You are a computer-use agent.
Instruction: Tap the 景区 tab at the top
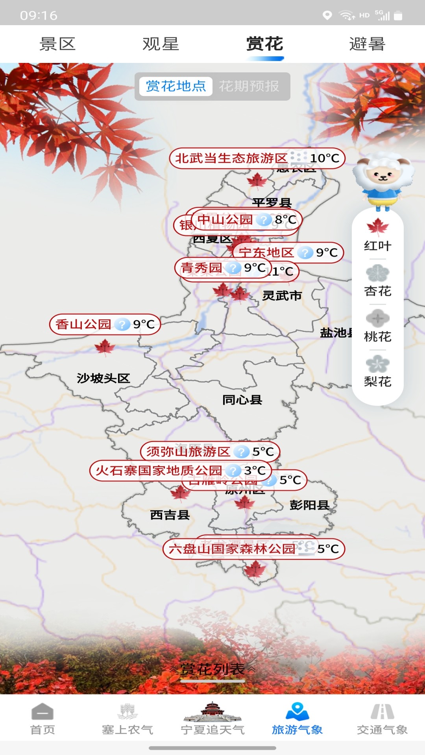(57, 44)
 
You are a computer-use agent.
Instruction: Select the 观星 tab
(161, 44)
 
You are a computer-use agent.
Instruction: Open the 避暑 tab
(367, 44)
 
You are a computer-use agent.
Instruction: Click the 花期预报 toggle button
(249, 86)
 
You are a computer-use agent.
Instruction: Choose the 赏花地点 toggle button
(176, 86)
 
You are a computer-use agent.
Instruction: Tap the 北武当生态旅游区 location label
(231, 158)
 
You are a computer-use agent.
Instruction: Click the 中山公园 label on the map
(225, 219)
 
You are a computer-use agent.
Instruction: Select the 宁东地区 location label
(266, 252)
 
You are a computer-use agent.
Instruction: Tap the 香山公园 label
(83, 324)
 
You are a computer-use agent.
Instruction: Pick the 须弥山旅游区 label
(188, 451)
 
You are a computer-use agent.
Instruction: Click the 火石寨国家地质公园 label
(159, 470)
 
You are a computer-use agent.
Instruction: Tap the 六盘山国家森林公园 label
(232, 549)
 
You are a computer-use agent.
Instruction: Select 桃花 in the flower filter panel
(377, 326)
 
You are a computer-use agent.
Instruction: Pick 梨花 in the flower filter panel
(377, 371)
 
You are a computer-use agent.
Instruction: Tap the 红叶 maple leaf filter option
(377, 235)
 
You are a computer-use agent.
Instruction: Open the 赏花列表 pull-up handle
(213, 669)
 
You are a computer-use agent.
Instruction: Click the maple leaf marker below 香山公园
(105, 347)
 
